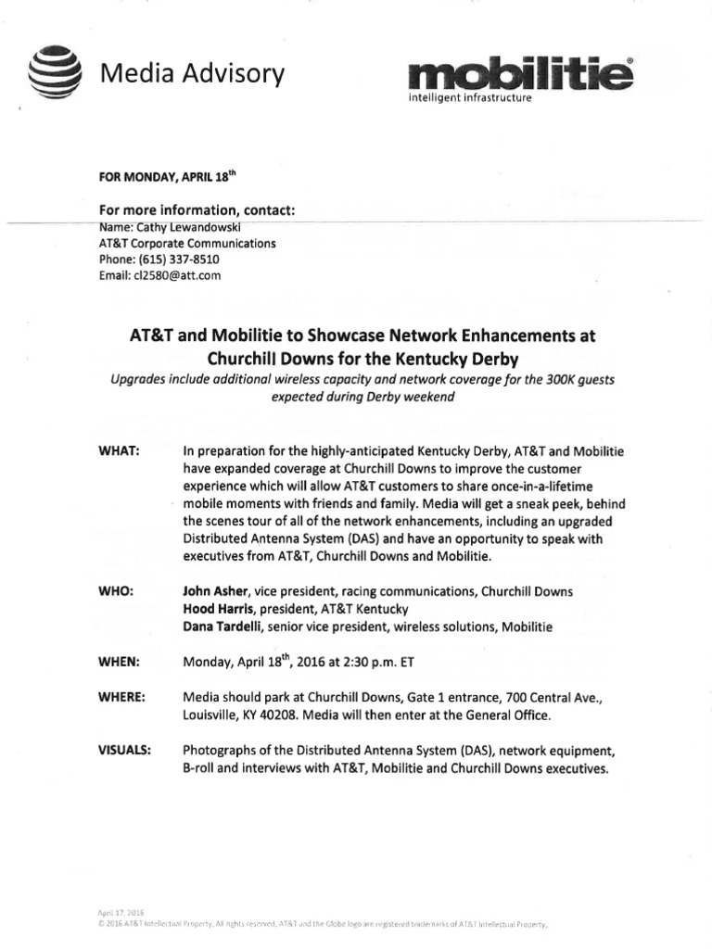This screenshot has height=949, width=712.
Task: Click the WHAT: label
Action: pyautogui.click(x=119, y=450)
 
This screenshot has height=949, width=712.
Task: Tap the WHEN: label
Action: pyautogui.click(x=119, y=662)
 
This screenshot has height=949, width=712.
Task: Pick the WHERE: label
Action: pyautogui.click(x=121, y=697)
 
